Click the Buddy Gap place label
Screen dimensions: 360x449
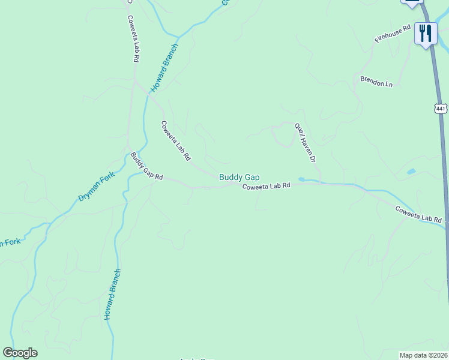(x=239, y=177)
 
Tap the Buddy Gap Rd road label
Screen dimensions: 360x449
(x=146, y=167)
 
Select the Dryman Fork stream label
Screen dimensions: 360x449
(x=96, y=187)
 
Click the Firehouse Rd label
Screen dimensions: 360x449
(x=392, y=33)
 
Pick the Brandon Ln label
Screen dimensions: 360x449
(x=376, y=81)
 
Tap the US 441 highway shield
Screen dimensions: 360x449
(x=441, y=109)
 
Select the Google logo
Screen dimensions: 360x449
(x=20, y=353)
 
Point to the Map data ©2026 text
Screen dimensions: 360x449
(x=423, y=355)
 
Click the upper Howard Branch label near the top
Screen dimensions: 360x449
(x=164, y=67)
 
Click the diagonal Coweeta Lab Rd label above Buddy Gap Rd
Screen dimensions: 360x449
(x=175, y=140)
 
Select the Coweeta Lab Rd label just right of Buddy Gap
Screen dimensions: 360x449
(x=266, y=187)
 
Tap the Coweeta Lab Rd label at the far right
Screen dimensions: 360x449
(x=418, y=215)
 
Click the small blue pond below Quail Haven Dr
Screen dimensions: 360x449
(x=303, y=179)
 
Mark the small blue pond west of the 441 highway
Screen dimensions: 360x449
(x=411, y=172)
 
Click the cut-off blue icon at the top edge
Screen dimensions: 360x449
(x=411, y=3)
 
